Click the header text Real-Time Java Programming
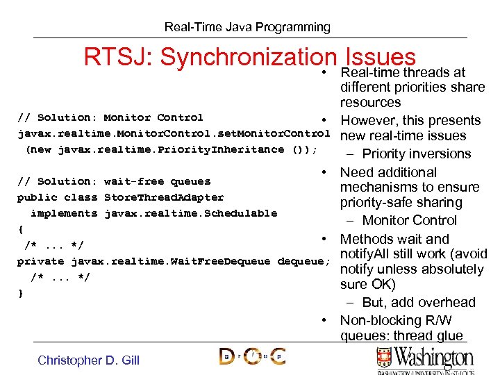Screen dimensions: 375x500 point(247,27)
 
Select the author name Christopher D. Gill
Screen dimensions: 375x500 point(88,360)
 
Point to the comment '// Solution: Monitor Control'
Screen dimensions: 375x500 point(110,117)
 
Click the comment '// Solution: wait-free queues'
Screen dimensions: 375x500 point(114,181)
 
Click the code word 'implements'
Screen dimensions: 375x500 point(64,213)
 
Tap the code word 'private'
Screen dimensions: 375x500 point(40,261)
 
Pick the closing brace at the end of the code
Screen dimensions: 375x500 point(21,293)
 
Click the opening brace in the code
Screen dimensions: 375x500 point(21,229)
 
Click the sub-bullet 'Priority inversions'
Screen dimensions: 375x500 point(416,154)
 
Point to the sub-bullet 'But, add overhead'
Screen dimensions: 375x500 point(418,303)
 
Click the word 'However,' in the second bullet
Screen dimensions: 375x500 point(366,121)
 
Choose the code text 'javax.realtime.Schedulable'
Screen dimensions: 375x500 point(190,213)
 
